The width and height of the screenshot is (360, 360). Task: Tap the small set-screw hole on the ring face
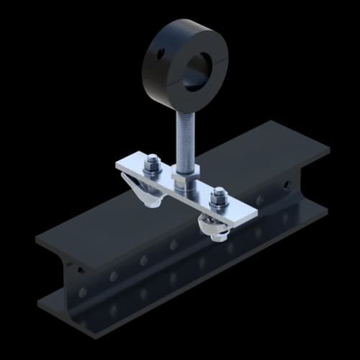[x=160, y=53]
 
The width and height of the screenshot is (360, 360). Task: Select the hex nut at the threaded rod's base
[x=183, y=177]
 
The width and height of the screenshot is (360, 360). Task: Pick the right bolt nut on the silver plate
[x=217, y=197]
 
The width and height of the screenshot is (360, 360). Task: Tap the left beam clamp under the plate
[x=148, y=193]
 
